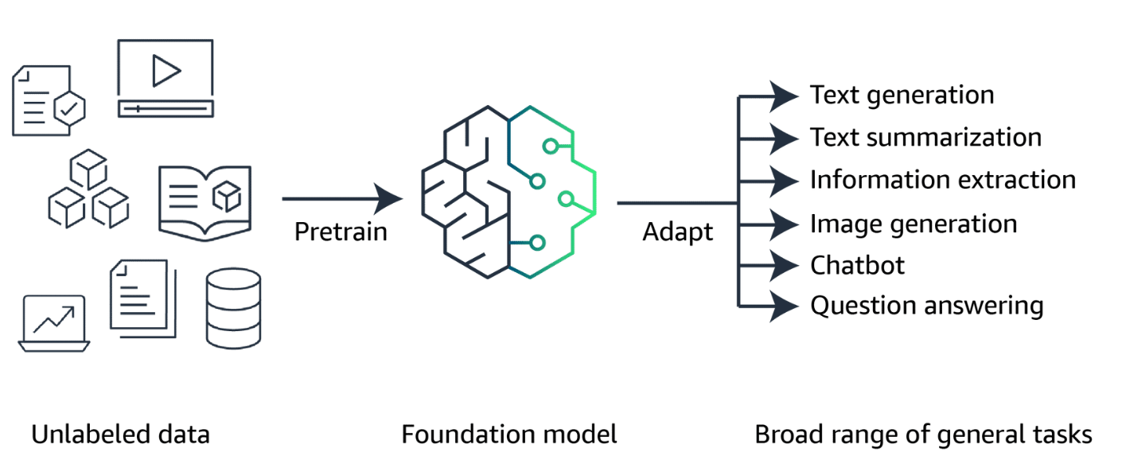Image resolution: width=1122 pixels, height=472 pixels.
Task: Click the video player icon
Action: (x=166, y=79)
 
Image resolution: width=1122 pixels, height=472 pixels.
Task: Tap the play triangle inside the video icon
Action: (x=166, y=71)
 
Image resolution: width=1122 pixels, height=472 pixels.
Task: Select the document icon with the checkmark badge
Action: (x=49, y=101)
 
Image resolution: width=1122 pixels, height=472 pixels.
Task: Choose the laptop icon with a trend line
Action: (x=54, y=322)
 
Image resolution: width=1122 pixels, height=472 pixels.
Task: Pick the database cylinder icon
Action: (x=233, y=307)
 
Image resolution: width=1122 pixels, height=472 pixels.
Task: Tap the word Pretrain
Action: (x=341, y=232)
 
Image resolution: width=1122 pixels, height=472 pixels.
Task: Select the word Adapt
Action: (x=678, y=232)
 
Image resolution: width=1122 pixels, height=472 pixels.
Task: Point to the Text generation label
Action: (x=902, y=96)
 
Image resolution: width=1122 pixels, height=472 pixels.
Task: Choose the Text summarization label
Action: (x=925, y=138)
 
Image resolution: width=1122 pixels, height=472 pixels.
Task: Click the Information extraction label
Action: (x=943, y=180)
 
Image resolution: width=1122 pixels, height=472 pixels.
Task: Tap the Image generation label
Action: (x=914, y=224)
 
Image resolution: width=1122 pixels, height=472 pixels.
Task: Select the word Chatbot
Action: (x=857, y=265)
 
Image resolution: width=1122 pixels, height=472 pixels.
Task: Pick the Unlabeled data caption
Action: (x=120, y=435)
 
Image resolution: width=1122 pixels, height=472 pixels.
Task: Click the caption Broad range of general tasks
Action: (x=923, y=435)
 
